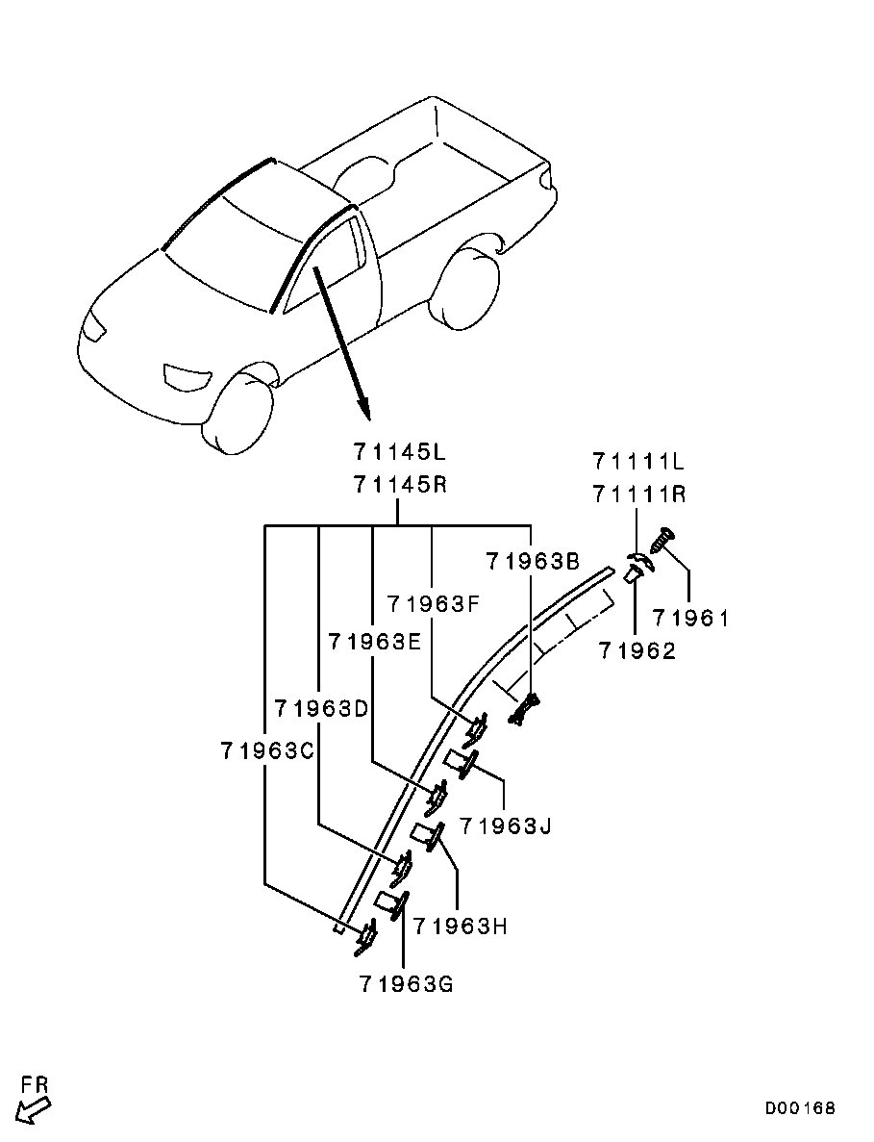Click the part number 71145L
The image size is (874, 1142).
(400, 452)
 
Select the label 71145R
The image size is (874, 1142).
(400, 484)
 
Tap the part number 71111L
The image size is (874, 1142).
(638, 462)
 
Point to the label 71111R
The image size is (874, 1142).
(638, 495)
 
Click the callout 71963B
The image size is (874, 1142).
(533, 562)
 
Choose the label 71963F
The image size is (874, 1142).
(434, 604)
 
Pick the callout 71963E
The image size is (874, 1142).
(375, 642)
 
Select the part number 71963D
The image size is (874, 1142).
(322, 708)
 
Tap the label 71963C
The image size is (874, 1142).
(267, 750)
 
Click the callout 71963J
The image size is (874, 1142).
(505, 825)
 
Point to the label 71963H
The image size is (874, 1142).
(460, 926)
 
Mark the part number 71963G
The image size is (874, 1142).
(406, 984)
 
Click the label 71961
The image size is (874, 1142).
(690, 619)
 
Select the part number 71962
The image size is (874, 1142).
(637, 650)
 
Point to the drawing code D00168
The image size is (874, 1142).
(800, 1108)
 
